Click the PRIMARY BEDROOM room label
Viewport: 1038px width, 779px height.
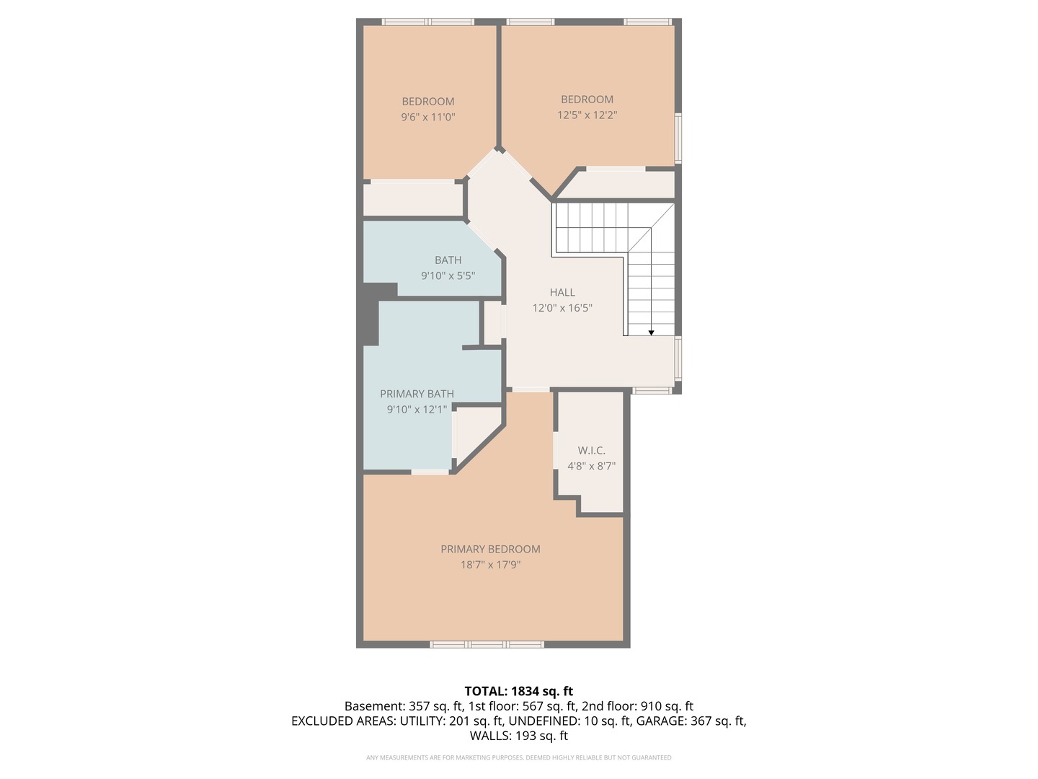pyautogui.click(x=490, y=549)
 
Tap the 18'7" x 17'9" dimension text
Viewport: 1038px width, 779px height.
pyautogui.click(x=490, y=565)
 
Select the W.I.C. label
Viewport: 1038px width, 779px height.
pyautogui.click(x=591, y=451)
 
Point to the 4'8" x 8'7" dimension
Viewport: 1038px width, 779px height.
pyautogui.click(x=591, y=466)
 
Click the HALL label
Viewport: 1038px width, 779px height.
pyautogui.click(x=562, y=292)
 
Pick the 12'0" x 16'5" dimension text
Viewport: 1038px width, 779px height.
pyautogui.click(x=562, y=308)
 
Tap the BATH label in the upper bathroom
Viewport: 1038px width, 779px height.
pyautogui.click(x=448, y=260)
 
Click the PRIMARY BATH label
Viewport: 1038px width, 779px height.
pyautogui.click(x=417, y=394)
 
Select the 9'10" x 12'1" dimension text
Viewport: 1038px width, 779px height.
pyautogui.click(x=417, y=410)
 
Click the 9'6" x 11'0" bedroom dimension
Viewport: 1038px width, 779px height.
pyautogui.click(x=428, y=117)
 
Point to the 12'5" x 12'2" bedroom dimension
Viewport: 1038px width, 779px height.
pyautogui.click(x=587, y=115)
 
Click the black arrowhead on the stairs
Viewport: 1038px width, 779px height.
pyautogui.click(x=651, y=333)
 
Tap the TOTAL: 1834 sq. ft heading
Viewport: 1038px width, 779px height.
pyautogui.click(x=518, y=691)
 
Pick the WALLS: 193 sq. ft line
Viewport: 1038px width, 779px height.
pyautogui.click(x=518, y=736)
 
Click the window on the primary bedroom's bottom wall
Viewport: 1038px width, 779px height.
pyautogui.click(x=487, y=644)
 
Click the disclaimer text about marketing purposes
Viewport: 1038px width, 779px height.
pyautogui.click(x=518, y=757)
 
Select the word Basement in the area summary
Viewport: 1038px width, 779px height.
pyautogui.click(x=373, y=706)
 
